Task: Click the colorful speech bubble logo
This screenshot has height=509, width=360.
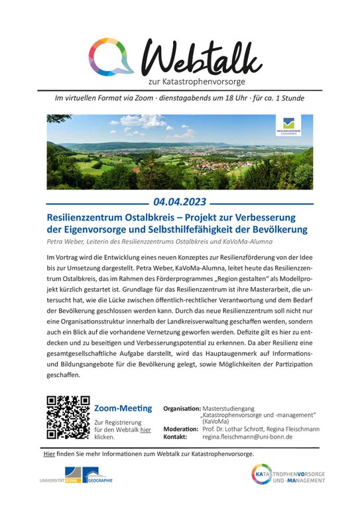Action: (111, 56)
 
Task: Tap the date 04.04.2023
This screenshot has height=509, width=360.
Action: (180, 201)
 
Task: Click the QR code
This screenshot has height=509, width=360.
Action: (68, 418)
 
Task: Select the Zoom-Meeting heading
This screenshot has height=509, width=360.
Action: (123, 408)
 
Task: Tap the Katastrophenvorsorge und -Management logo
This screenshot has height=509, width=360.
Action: (288, 475)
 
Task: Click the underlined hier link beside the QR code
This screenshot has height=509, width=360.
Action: (146, 429)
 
